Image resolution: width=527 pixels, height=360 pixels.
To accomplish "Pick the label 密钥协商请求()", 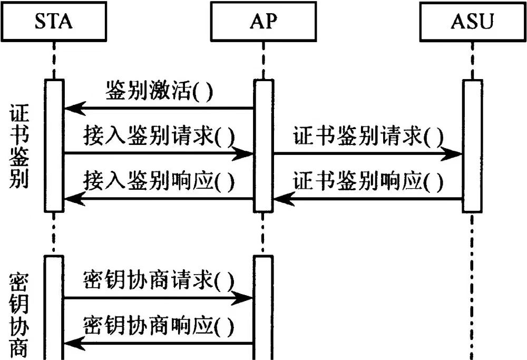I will pyautogui.click(x=159, y=279).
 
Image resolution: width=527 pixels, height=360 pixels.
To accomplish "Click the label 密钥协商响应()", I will pyautogui.click(x=159, y=324).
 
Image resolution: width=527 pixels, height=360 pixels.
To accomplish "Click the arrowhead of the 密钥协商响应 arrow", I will pyautogui.click(x=72, y=343).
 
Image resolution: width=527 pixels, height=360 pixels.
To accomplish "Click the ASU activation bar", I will pyautogui.click(x=473, y=145).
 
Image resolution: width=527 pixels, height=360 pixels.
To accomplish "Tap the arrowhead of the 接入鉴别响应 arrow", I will pyautogui.click(x=72, y=199).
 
